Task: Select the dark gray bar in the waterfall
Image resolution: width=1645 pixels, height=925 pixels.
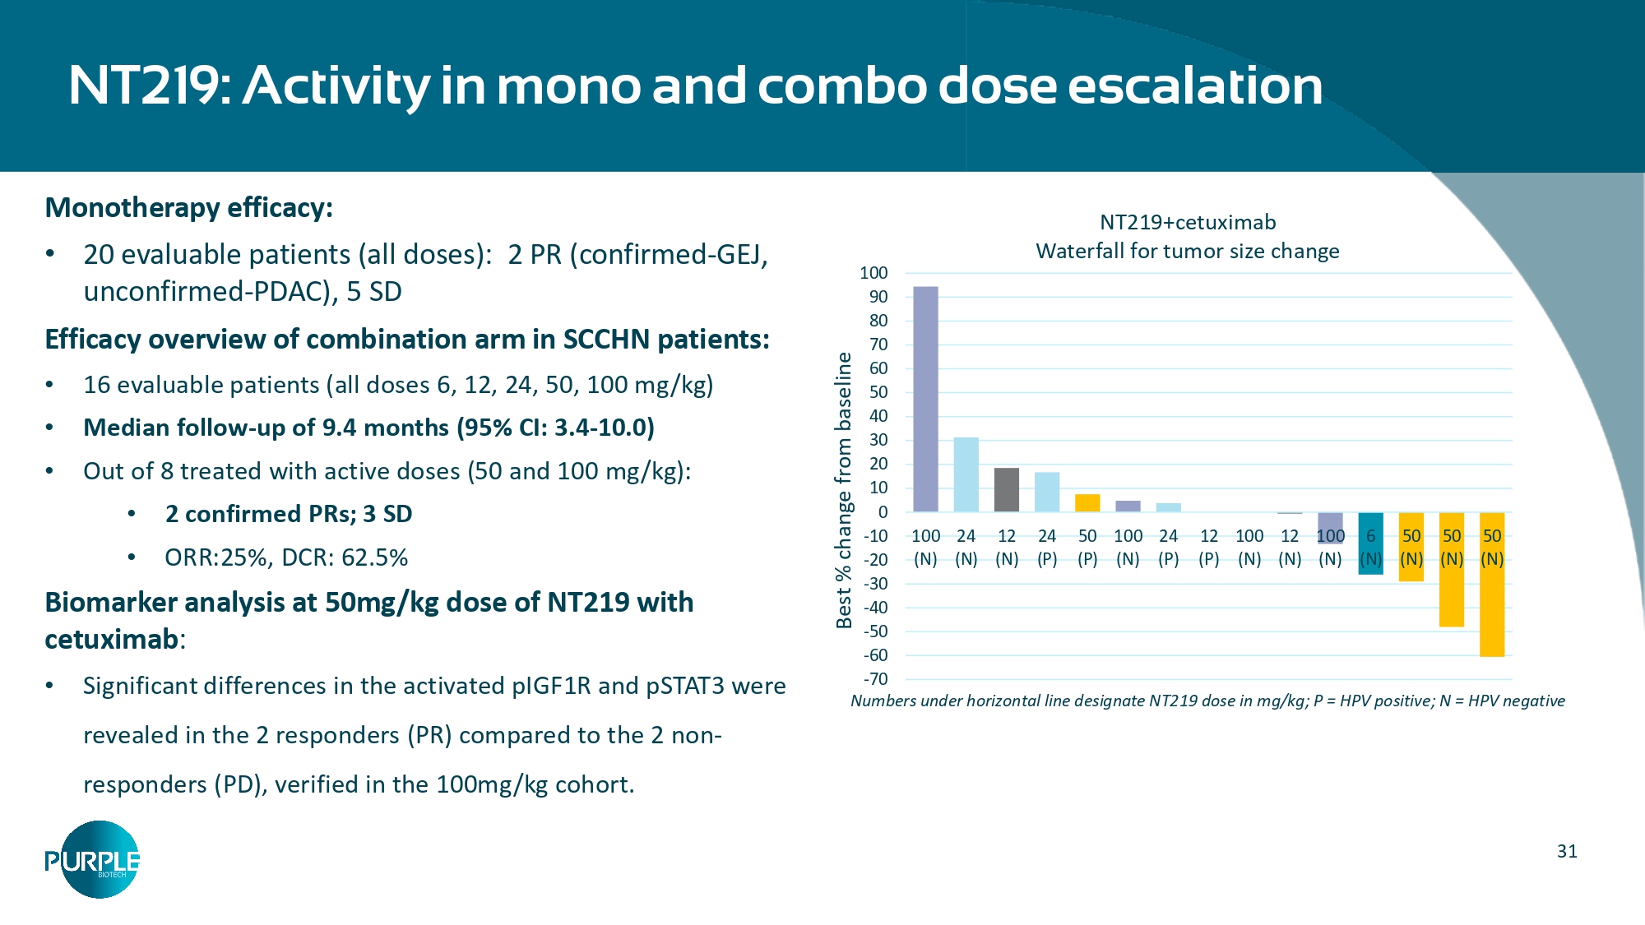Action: coord(1006,490)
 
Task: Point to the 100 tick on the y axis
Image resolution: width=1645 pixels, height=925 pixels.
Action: coord(873,273)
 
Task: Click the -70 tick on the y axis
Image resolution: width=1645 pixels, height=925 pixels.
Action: coord(875,679)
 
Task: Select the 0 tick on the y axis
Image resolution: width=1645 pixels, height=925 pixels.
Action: coord(883,512)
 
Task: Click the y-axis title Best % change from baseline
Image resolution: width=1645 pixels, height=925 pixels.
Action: coord(843,491)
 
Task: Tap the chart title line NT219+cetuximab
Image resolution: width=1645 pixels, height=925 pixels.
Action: coord(1187,222)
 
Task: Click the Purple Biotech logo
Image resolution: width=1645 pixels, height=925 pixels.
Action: coord(93,860)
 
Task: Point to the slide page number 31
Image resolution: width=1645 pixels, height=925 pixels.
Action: coord(1567,852)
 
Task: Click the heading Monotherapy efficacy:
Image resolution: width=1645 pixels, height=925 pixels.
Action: coord(189,207)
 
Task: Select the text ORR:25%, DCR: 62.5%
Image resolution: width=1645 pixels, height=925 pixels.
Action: coord(286,557)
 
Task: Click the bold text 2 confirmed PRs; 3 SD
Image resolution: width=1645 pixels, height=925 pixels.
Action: coord(289,514)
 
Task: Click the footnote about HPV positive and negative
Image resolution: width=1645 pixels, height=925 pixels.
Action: coord(1207,701)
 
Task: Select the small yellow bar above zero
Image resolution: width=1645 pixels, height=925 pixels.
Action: coord(1087,503)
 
